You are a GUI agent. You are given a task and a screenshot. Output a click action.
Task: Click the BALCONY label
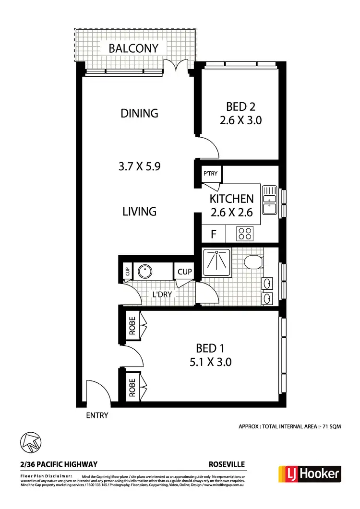pyautogui.click(x=133, y=48)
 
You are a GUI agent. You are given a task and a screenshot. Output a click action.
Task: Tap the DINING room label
pyautogui.click(x=139, y=113)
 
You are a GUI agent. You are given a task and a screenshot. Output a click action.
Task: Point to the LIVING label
pyautogui.click(x=139, y=211)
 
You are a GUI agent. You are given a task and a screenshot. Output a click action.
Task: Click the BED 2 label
pyautogui.click(x=240, y=107)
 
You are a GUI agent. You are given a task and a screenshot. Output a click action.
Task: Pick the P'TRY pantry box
pyautogui.click(x=210, y=174)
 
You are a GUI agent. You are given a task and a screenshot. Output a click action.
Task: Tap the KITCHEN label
pyautogui.click(x=231, y=199)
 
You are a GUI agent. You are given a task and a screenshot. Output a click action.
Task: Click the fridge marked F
pyautogui.click(x=214, y=234)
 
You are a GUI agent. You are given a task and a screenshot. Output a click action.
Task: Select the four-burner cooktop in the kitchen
pyautogui.click(x=245, y=234)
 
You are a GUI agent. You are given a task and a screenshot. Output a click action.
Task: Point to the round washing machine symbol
pyautogui.click(x=145, y=272)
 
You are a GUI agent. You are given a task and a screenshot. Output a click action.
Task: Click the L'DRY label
pyautogui.click(x=162, y=295)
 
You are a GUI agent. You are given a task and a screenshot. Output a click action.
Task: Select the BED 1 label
pyautogui.click(x=210, y=348)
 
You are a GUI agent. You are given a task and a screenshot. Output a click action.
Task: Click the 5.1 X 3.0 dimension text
pyautogui.click(x=210, y=362)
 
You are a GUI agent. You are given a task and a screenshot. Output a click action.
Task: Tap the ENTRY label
pyautogui.click(x=97, y=415)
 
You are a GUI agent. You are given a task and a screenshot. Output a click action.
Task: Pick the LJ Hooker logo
pyautogui.click(x=310, y=474)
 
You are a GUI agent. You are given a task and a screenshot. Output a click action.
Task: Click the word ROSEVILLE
pyautogui.click(x=227, y=464)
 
